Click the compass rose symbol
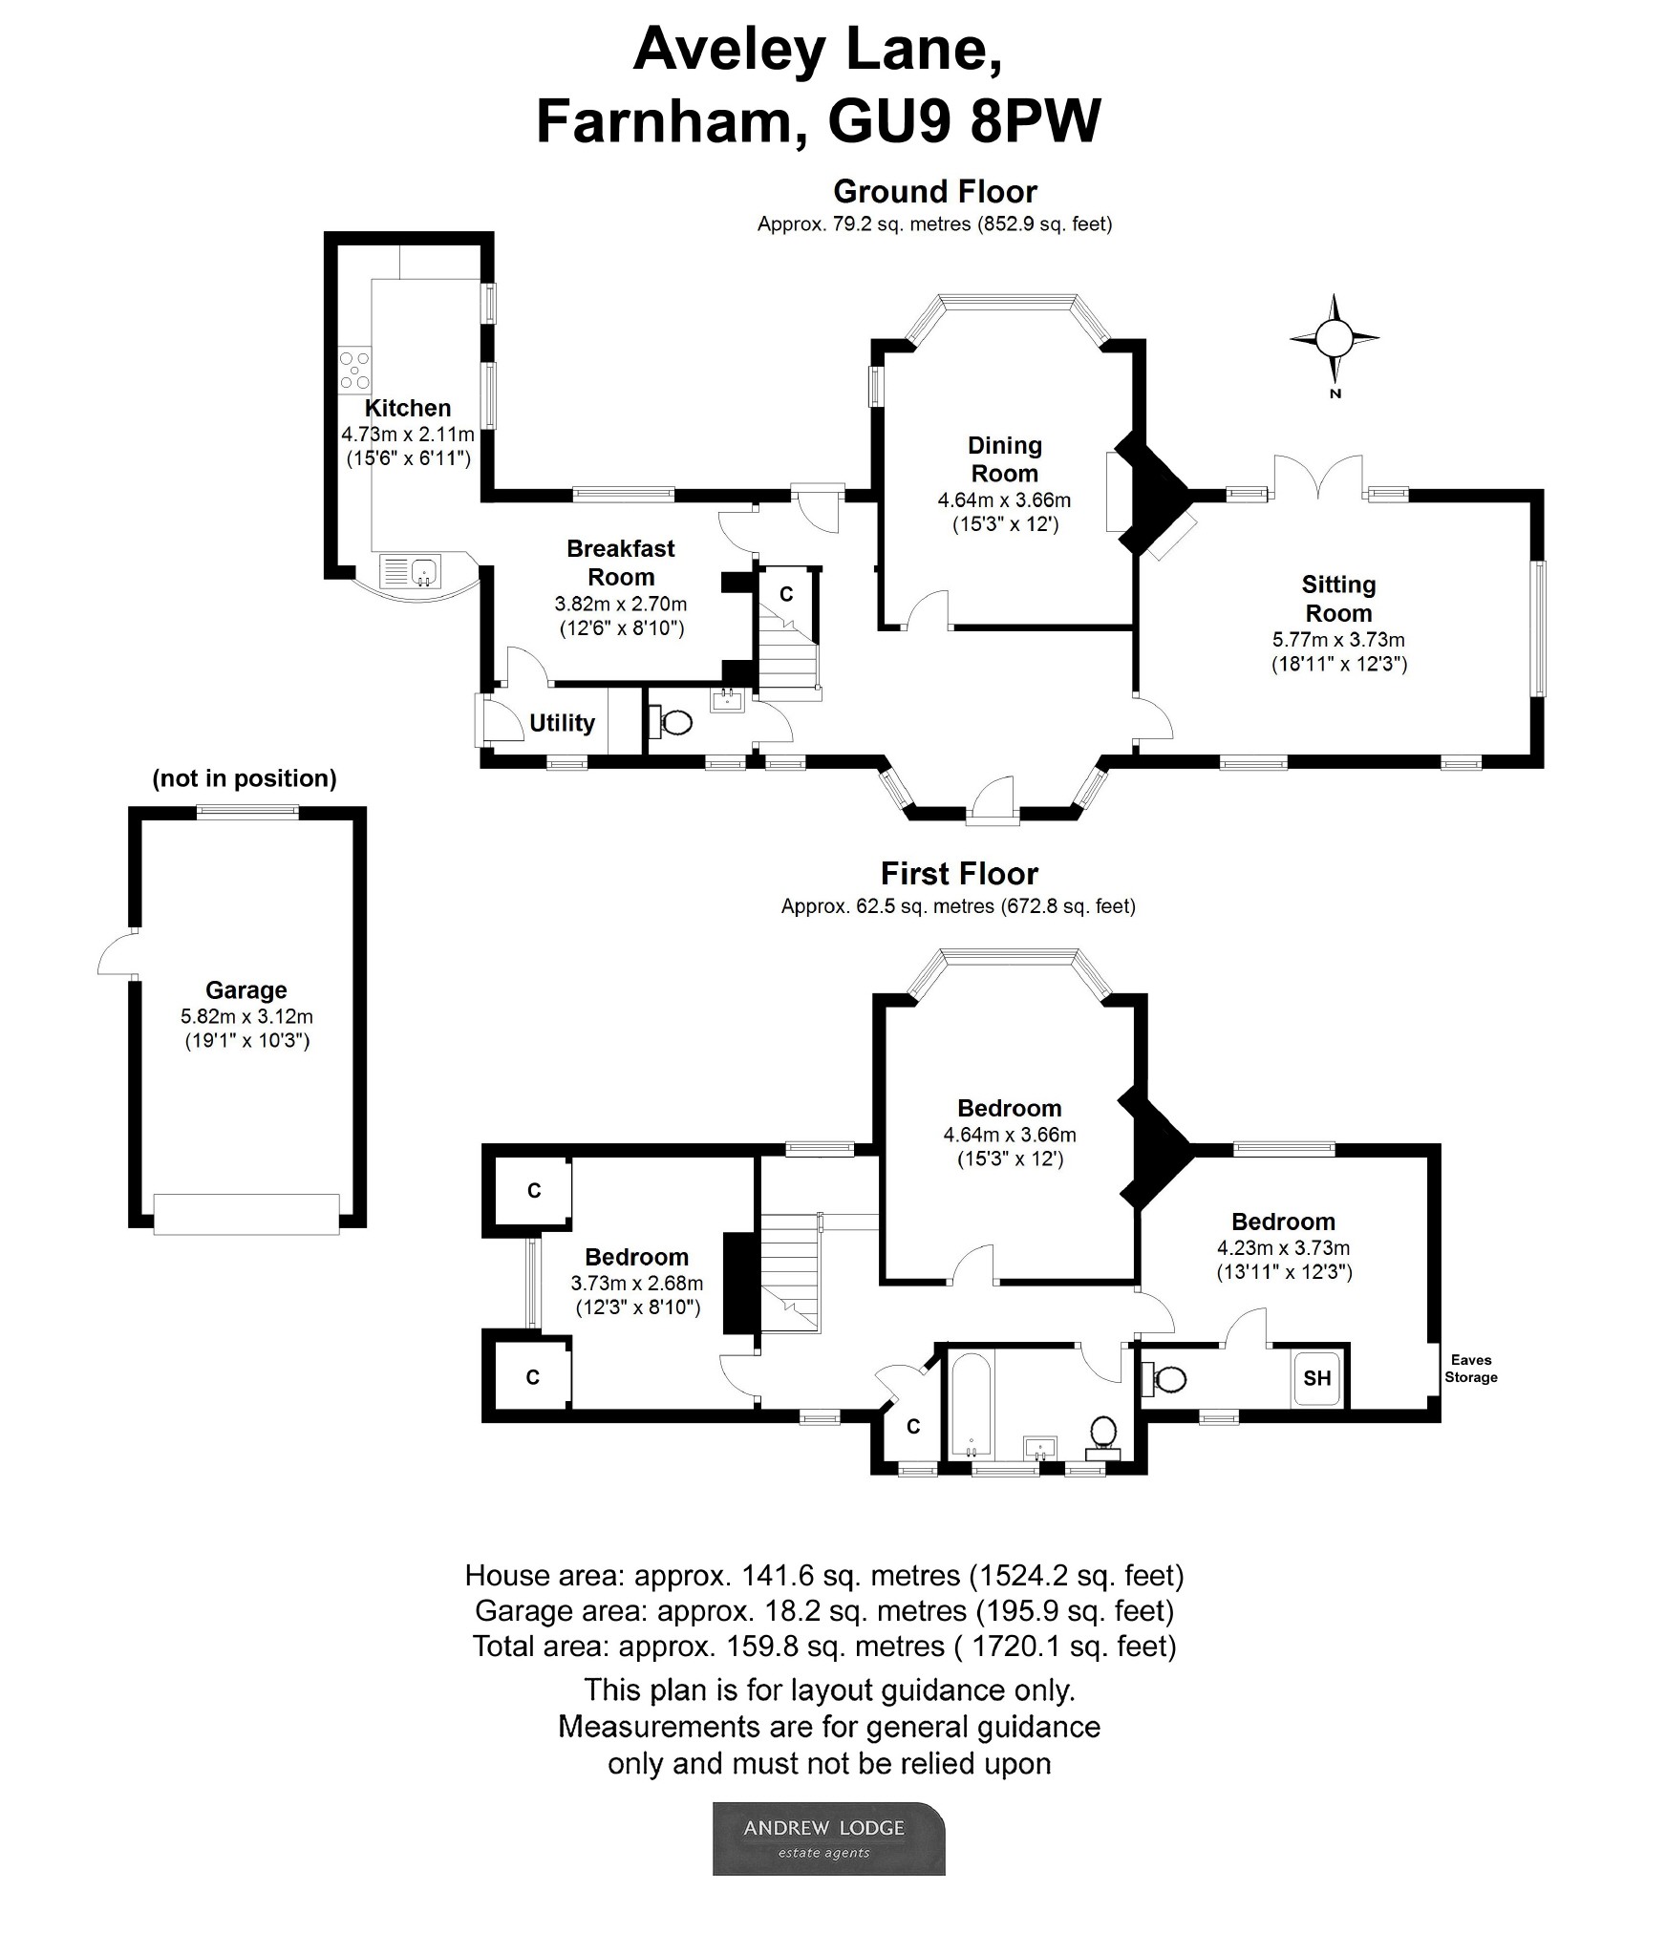(1334, 338)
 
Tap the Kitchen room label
(408, 408)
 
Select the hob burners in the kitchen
(355, 370)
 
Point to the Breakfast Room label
(620, 563)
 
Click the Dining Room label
(1004, 459)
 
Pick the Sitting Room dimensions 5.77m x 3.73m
(1338, 640)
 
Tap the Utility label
(562, 723)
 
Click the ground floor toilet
(674, 722)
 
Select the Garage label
(246, 990)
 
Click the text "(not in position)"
(245, 778)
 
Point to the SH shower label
(1316, 1378)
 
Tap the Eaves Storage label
(1470, 1369)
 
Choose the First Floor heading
(959, 874)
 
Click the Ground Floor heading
(935, 192)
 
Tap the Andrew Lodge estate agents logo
(828, 1838)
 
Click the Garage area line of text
(824, 1611)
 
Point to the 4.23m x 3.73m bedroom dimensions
(1283, 1247)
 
